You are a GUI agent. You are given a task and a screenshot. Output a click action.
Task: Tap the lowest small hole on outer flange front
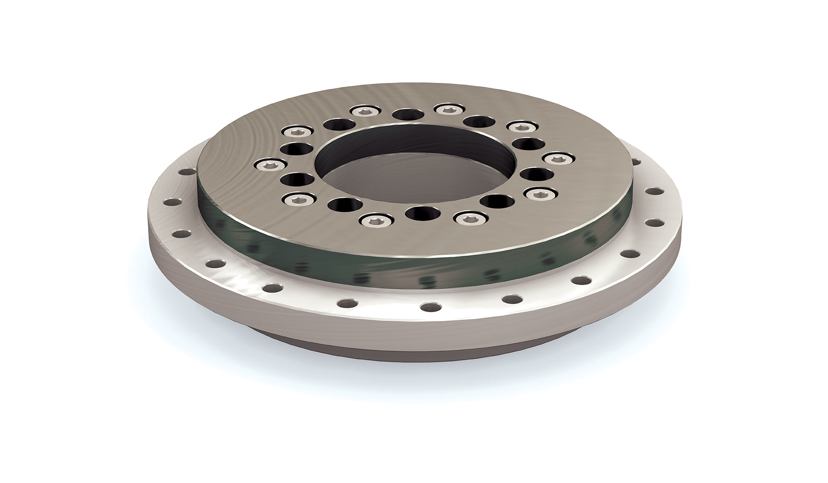[430, 306]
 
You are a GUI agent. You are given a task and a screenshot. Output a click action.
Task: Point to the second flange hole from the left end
[181, 234]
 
